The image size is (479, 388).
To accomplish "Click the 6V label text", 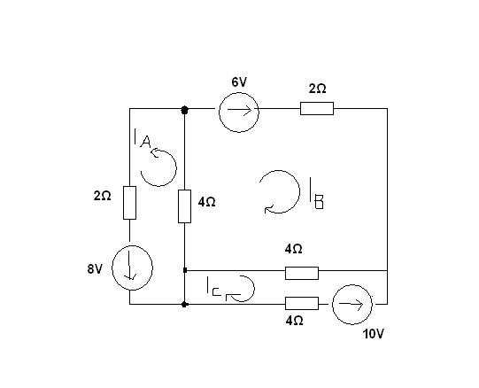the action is [239, 82].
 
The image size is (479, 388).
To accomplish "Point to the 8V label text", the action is [95, 269].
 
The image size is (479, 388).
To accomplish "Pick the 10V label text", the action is [373, 334].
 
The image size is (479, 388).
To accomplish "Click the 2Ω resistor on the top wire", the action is [317, 109].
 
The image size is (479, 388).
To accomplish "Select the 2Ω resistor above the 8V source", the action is [129, 203].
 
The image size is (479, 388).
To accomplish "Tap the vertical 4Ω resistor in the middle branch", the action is [184, 206].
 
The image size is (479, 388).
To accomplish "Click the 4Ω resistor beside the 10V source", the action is [302, 303].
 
